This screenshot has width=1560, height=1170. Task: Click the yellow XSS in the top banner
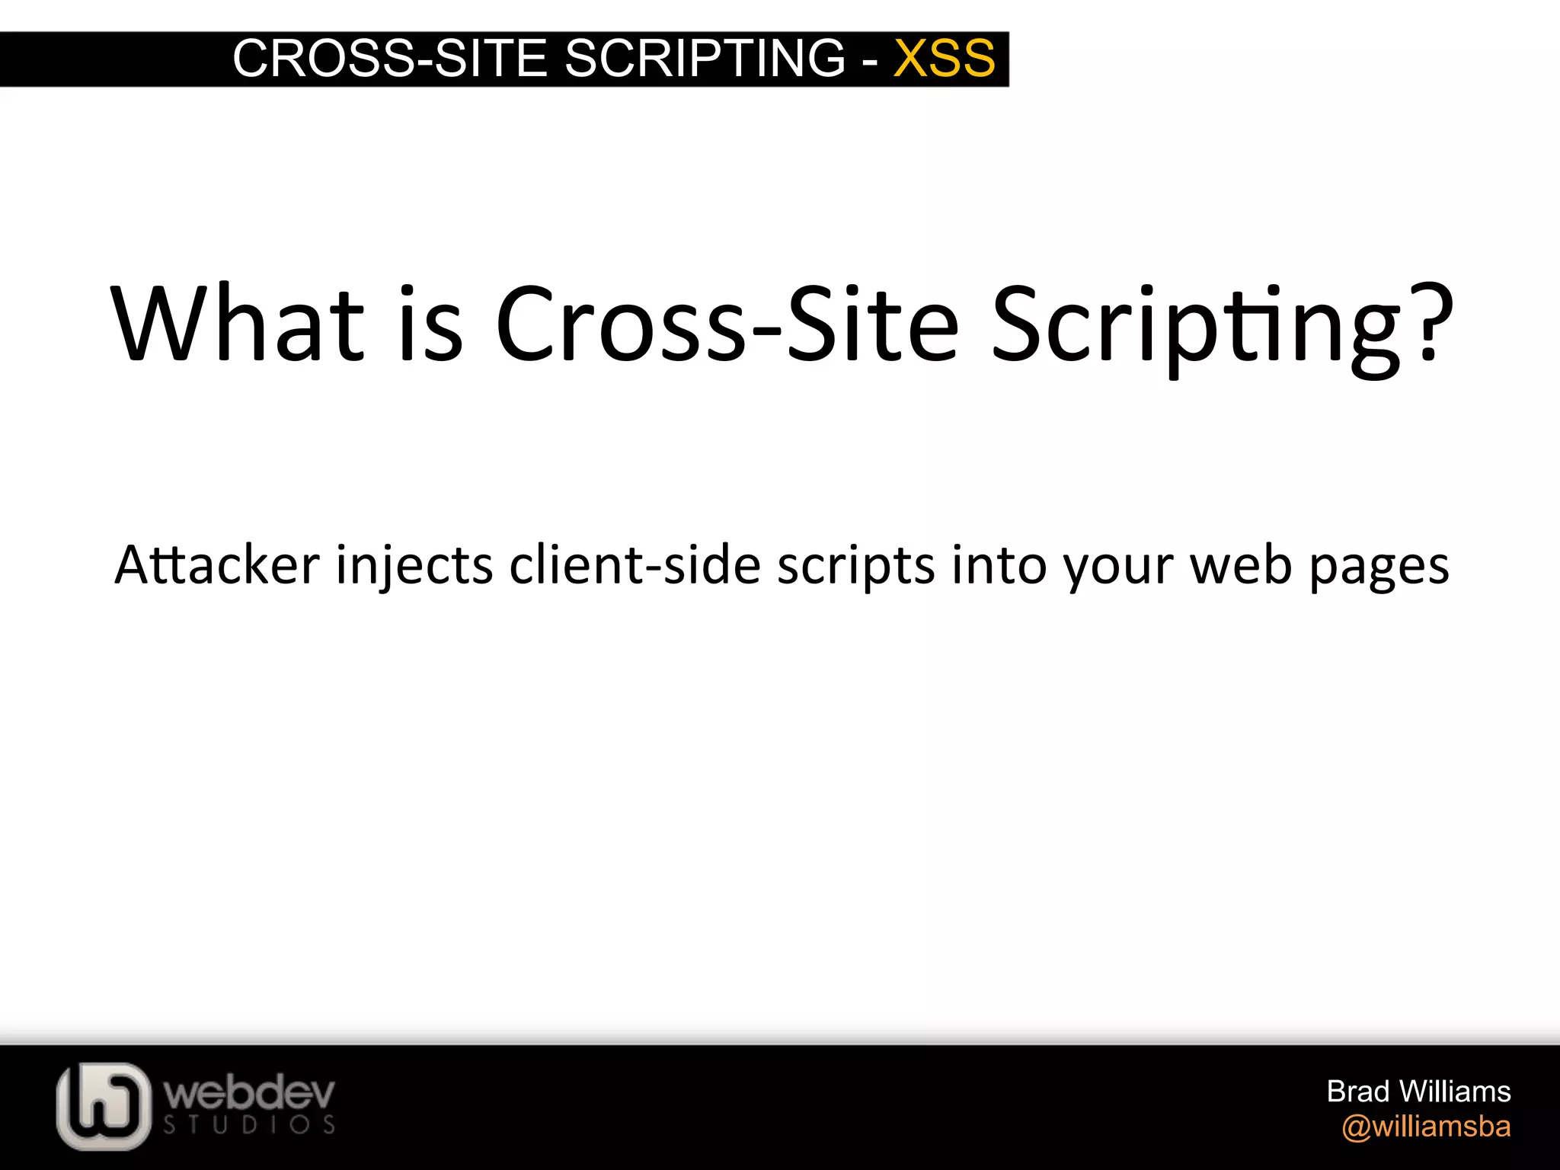(x=944, y=59)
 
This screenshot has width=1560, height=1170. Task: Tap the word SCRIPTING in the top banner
(x=705, y=59)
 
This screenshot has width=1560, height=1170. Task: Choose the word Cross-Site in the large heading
(x=727, y=324)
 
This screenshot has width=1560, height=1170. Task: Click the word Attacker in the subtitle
(x=217, y=565)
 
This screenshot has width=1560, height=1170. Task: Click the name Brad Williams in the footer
(x=1418, y=1092)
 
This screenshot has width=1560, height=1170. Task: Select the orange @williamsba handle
(x=1426, y=1127)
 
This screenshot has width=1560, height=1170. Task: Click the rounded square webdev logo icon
(x=104, y=1105)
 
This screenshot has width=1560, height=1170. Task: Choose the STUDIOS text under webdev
(x=250, y=1126)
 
